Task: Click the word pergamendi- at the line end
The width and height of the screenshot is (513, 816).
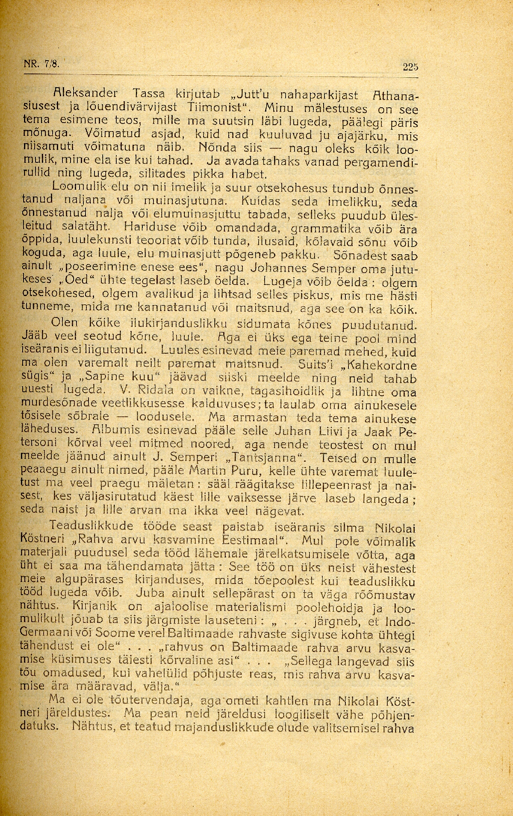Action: coord(384,163)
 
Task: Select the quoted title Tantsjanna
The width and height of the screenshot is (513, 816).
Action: coord(269,458)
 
